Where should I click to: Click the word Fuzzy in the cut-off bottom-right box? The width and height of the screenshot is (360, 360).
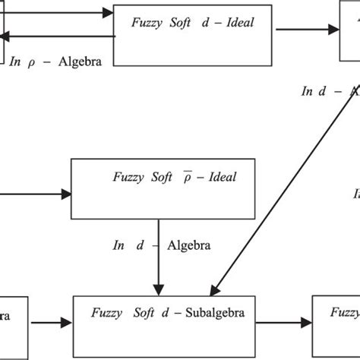point(344,312)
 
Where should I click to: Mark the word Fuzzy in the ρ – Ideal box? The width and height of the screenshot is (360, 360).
point(128,177)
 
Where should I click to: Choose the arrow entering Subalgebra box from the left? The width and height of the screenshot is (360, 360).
point(52,321)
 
